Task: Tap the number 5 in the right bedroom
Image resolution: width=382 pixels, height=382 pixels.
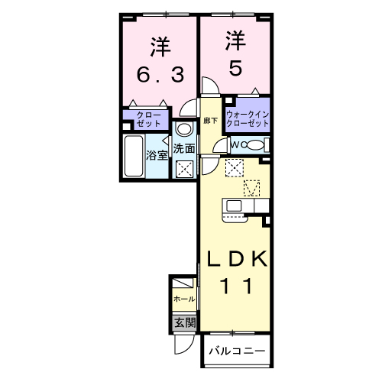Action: [x=235, y=67]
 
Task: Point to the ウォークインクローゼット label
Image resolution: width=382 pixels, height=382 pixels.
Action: [x=248, y=118]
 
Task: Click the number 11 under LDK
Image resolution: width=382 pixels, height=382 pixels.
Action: [x=234, y=286]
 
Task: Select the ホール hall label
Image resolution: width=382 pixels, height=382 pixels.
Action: [x=184, y=299]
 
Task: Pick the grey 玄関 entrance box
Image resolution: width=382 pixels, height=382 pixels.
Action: [x=184, y=322]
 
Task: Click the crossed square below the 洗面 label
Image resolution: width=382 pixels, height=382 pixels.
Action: [x=183, y=169]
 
